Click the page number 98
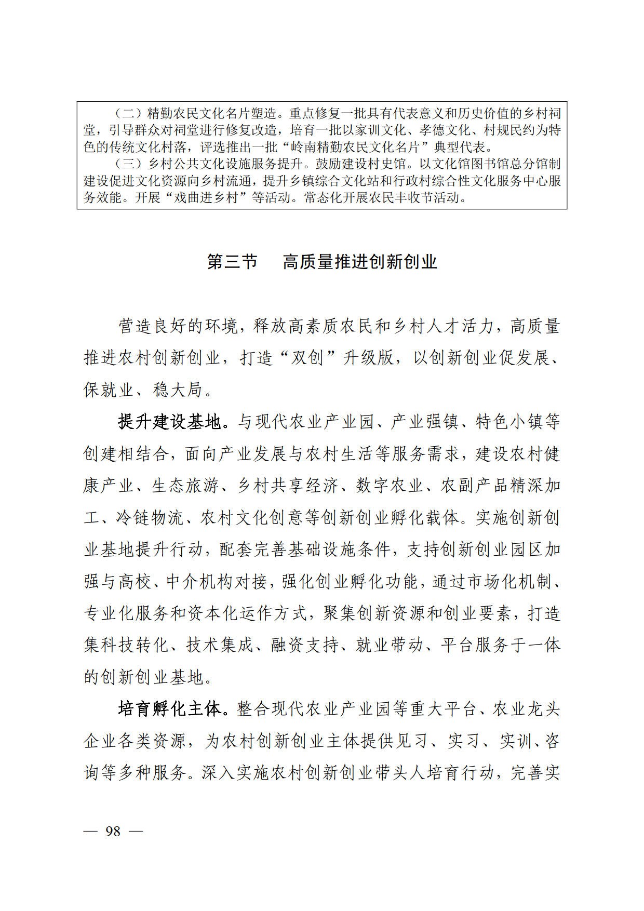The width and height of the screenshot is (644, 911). (113, 831)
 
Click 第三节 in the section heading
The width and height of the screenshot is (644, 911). (232, 262)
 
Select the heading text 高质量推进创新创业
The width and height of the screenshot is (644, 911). (359, 262)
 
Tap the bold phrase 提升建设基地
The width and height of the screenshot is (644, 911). (170, 422)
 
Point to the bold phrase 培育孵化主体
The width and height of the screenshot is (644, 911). (170, 709)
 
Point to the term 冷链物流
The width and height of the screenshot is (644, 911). (151, 518)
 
